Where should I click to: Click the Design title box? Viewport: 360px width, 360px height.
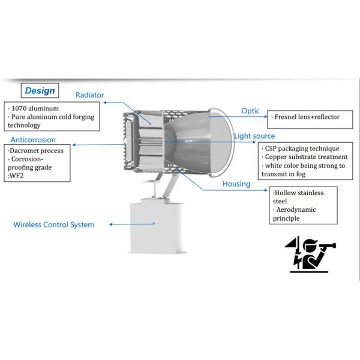[40, 91]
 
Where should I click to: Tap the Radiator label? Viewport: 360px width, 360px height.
[89, 95]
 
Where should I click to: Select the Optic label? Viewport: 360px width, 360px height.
[250, 110]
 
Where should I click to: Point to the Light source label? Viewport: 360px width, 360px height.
[254, 136]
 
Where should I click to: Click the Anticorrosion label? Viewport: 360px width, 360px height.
[33, 140]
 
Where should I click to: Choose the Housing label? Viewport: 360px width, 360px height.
[236, 184]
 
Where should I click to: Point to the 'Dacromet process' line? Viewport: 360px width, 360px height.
[37, 151]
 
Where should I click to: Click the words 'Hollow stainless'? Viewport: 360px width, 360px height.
[298, 193]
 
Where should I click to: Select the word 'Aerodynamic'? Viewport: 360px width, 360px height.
[296, 209]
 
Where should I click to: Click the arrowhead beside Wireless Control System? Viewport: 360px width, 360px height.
[111, 225]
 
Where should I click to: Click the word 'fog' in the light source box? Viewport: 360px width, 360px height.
[292, 174]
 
